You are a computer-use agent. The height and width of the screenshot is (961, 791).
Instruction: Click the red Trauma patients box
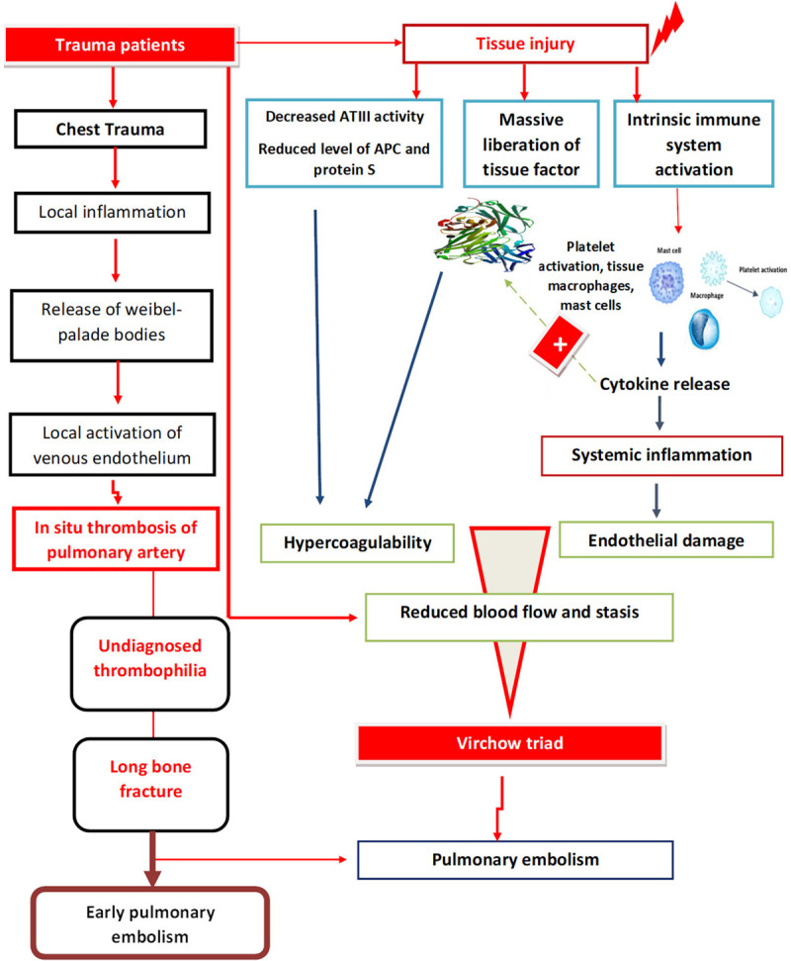tap(120, 45)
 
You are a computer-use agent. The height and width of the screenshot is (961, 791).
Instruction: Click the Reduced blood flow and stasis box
tap(518, 614)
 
